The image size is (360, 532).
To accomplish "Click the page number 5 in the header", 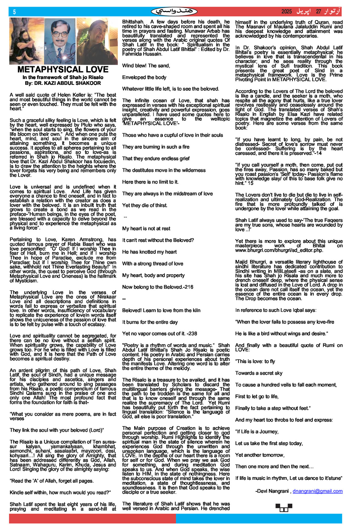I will pos(14,12).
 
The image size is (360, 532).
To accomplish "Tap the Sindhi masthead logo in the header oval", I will pos(174,12).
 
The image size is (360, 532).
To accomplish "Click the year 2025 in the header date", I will pos(286,12).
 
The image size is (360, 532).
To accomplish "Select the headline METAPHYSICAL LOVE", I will pos(63,70).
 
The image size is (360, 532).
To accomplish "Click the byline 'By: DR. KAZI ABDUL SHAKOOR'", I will pos(63,83).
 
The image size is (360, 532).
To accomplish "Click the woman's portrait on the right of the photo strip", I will pos(97,41).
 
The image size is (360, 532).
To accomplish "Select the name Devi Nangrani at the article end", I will pos(273,491).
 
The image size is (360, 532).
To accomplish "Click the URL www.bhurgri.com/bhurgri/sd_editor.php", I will pos(275,250).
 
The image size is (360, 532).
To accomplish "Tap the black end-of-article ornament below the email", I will pos(284,507).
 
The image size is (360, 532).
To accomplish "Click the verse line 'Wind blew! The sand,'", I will pos(146,66).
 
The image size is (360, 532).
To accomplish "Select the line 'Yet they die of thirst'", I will pos(145,205).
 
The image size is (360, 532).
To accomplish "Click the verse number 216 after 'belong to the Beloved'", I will pos(189,287).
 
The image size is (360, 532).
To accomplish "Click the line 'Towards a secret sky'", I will pos(259,373).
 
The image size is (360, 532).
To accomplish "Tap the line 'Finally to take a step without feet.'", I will pos(273,408).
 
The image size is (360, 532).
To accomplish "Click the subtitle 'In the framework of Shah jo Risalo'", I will pos(63,77).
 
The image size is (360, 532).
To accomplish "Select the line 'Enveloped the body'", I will pos(144,77).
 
